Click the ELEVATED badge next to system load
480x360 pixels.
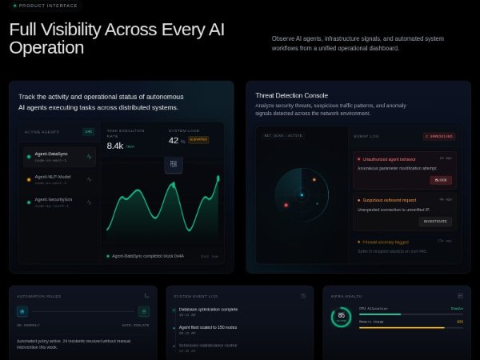pyautogui.click(x=198, y=140)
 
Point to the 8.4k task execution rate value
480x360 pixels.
pyautogui.click(x=115, y=146)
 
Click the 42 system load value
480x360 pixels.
pyautogui.click(x=173, y=141)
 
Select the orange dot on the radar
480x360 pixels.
pyautogui.click(x=314, y=180)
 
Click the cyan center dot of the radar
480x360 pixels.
pyautogui.click(x=302, y=195)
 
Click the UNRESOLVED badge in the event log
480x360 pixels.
pyautogui.click(x=438, y=136)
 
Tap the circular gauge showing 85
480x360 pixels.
pyautogui.click(x=342, y=317)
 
